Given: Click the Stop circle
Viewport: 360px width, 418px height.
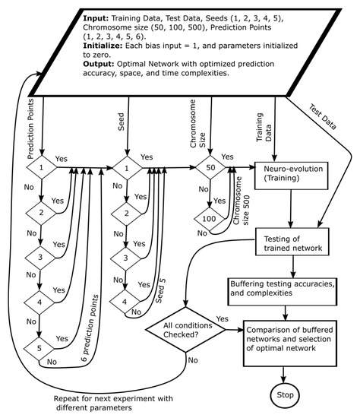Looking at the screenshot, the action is point(285,395).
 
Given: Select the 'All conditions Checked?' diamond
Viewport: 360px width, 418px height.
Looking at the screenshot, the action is point(186,330).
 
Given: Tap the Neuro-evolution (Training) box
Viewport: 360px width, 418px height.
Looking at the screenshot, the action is point(291,176).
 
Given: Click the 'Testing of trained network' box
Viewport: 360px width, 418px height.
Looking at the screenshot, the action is point(292,242).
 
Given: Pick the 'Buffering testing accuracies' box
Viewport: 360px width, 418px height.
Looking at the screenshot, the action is point(283,292).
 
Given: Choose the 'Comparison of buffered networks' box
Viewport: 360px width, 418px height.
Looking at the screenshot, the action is point(290,344).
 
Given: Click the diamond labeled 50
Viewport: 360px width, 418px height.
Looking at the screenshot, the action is point(210,167).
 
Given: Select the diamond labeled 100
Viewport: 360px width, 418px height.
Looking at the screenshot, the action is point(209,219).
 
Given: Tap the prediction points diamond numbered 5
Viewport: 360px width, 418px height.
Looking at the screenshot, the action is point(39,348).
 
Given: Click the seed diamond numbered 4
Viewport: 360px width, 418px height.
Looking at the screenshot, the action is point(125,302).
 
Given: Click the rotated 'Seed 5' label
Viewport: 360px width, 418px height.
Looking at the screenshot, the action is point(160,290).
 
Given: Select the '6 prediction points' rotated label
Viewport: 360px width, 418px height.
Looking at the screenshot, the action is point(90,328).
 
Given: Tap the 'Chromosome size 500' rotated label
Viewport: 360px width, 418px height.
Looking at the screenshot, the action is point(242,201).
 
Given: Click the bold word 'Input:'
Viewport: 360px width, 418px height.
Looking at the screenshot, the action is point(96,18).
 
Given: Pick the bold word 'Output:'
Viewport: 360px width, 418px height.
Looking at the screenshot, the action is point(99,65).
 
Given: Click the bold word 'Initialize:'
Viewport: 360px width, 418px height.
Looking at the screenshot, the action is point(103,46).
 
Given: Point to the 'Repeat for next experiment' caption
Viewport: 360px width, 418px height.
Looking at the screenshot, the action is point(113,403).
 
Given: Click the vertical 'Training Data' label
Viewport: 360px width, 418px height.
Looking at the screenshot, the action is point(264,127).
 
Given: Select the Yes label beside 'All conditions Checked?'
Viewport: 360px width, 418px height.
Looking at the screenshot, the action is point(223,319).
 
